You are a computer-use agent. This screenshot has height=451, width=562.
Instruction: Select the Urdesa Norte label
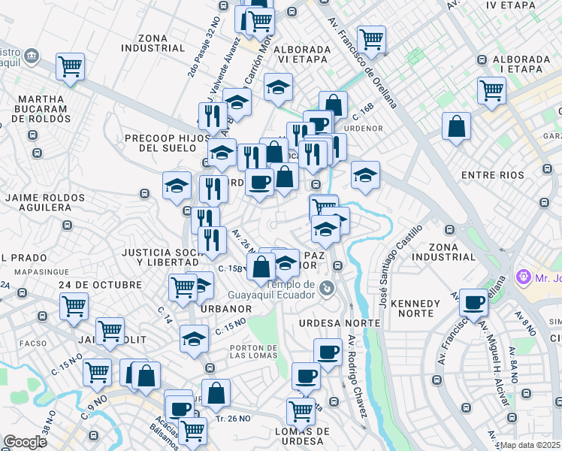click(x=329, y=322)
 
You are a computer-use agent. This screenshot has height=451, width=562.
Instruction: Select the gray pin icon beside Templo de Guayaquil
click(x=326, y=287)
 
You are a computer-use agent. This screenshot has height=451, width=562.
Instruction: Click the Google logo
click(x=25, y=442)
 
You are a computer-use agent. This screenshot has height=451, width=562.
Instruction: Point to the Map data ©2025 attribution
click(x=530, y=445)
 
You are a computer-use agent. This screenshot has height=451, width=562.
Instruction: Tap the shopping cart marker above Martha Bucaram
click(x=70, y=66)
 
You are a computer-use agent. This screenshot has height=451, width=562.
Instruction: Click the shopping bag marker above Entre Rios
click(x=456, y=127)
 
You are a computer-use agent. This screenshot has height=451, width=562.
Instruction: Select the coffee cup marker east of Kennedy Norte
click(x=473, y=302)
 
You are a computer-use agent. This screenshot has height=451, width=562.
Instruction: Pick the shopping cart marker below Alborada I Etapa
click(x=491, y=89)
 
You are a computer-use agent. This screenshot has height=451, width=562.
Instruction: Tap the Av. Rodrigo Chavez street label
click(x=356, y=376)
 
